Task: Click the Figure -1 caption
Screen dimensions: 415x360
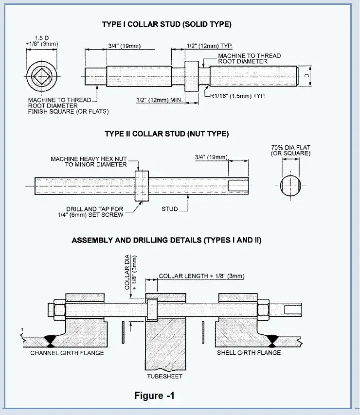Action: click(x=154, y=396)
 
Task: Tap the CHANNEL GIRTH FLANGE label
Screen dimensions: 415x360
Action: click(x=67, y=353)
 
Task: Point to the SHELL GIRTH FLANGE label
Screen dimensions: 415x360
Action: click(x=249, y=353)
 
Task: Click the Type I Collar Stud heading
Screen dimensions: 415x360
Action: click(x=167, y=24)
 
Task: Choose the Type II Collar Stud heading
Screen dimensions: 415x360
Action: click(x=167, y=134)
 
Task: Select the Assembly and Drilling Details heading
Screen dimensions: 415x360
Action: click(x=166, y=240)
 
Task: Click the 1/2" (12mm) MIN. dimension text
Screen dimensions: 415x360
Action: click(x=159, y=100)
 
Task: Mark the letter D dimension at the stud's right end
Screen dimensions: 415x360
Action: click(x=306, y=76)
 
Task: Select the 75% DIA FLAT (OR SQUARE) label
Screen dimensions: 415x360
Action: click(x=291, y=150)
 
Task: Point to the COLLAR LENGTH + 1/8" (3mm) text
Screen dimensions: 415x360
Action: click(x=201, y=276)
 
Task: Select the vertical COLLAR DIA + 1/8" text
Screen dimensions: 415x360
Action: click(x=130, y=273)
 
